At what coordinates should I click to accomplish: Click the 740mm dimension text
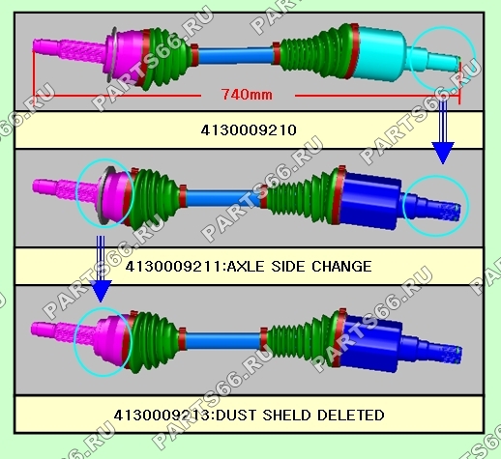247,95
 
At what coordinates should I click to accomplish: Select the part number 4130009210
249,130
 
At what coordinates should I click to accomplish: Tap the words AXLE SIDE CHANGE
300,267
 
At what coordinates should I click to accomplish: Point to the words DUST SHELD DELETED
299,415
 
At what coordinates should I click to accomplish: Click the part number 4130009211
174,267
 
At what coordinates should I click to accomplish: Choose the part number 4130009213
162,415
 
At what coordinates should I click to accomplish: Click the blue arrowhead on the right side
443,153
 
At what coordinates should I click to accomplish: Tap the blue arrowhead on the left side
101,291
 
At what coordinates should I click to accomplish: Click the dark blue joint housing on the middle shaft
370,200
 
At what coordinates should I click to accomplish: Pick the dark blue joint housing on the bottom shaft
370,343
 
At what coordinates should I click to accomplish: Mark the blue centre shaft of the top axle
235,55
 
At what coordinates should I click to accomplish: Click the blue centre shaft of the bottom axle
223,341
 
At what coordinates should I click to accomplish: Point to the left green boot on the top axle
167,57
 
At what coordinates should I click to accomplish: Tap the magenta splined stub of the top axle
70,51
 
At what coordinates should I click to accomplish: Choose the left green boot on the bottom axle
153,341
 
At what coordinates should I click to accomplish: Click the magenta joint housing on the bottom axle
109,341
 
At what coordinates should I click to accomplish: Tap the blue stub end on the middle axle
430,206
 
